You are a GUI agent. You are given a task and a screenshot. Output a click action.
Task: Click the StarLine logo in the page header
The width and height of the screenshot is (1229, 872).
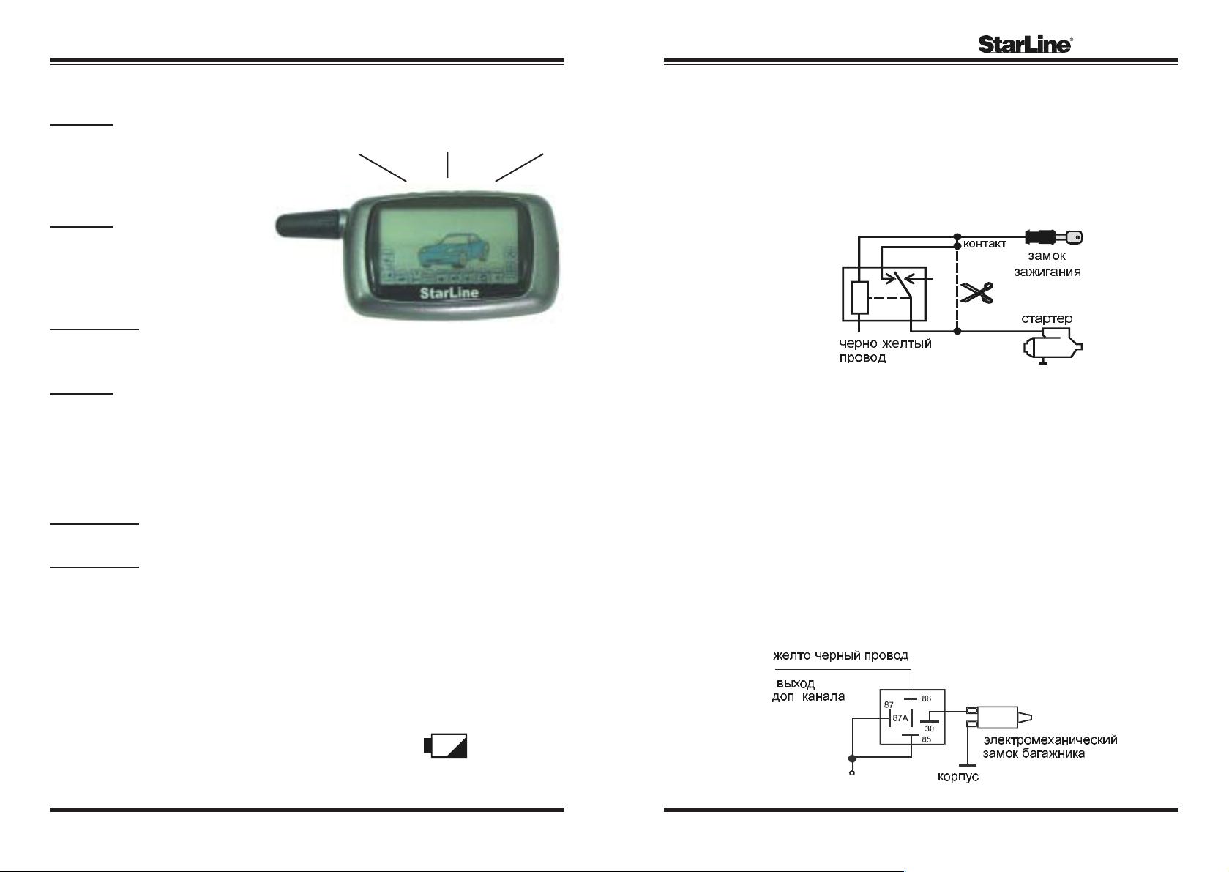[1026, 45]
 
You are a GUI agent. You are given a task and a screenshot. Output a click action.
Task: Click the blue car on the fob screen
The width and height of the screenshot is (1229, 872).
[453, 250]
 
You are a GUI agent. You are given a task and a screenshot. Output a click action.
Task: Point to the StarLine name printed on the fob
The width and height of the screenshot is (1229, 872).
[449, 293]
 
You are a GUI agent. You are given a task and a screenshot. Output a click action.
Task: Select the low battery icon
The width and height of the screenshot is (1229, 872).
[446, 745]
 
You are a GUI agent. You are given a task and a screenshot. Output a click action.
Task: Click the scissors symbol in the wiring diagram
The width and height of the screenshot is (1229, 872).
[978, 293]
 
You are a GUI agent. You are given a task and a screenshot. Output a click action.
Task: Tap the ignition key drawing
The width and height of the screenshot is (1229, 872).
[1053, 238]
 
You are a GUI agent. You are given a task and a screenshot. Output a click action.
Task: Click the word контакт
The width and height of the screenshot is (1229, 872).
[985, 245]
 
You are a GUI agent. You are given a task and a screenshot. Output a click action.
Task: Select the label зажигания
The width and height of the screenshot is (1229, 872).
[1047, 272]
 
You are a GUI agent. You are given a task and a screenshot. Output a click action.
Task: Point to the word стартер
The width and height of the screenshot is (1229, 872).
[1046, 318]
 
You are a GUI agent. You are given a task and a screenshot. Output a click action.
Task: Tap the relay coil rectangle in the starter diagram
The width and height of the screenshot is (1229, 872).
[860, 297]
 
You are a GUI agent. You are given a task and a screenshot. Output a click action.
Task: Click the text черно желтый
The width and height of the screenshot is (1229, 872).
[885, 343]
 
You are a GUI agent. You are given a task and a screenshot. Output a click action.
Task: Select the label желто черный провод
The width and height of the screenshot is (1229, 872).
[840, 655]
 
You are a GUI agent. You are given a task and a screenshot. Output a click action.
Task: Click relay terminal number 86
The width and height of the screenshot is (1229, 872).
[926, 698]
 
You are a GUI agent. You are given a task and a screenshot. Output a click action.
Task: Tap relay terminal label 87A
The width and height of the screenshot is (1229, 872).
[900, 718]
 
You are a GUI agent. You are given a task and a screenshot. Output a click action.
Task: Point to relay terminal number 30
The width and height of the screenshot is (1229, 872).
[930, 728]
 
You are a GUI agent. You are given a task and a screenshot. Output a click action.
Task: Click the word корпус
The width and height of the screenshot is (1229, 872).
[958, 777]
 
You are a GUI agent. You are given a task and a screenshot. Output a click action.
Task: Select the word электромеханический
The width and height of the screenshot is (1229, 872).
[1050, 739]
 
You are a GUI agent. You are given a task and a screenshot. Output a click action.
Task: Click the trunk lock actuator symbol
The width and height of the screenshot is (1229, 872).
[998, 718]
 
